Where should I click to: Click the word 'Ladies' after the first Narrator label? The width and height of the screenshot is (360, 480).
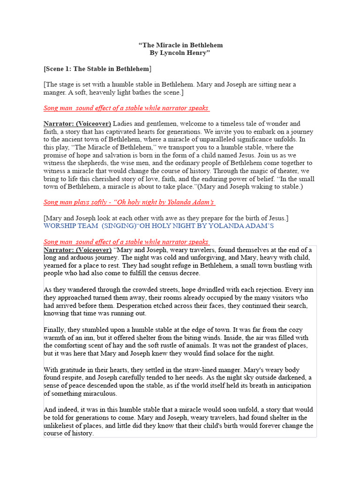coord(123,123)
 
